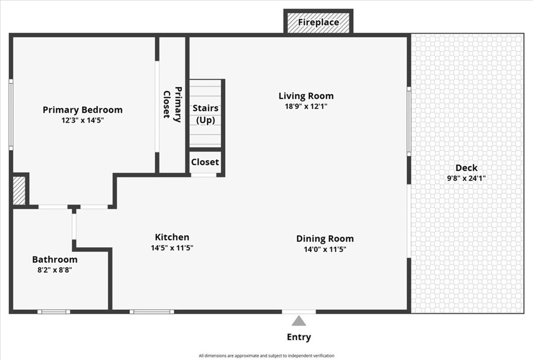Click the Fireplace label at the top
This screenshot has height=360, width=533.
coord(319,22)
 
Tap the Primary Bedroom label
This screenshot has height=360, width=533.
coord(83,110)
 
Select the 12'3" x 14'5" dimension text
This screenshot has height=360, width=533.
coord(83,120)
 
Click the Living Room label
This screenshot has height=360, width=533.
coord(306,96)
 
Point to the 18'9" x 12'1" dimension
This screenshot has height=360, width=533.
coord(306,106)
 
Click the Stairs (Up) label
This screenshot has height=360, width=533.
coord(206,114)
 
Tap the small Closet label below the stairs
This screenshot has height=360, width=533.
coord(205,162)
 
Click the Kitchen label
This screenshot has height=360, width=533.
coord(172,237)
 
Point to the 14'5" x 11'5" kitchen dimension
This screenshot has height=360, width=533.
coord(172,248)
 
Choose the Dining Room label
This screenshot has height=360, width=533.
coord(325,239)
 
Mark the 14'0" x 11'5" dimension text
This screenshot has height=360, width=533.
coord(325,250)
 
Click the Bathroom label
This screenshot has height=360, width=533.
coord(55,260)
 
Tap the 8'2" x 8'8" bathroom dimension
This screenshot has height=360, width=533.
coord(55,270)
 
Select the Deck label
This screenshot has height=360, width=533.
coord(466,168)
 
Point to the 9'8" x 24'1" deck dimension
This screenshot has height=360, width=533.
coord(466,178)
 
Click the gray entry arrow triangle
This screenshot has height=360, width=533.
coord(299,322)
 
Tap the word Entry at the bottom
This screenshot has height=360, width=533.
coord(299,337)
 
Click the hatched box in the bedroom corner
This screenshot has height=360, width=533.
coord(19,191)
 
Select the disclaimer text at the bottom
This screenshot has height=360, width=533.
coord(266,356)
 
